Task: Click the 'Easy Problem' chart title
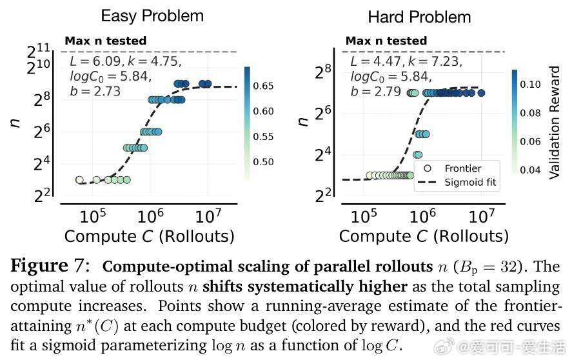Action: pyautogui.click(x=152, y=15)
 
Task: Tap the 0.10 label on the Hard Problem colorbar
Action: pyautogui.click(x=531, y=85)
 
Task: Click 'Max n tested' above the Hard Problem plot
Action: pyautogui.click(x=386, y=41)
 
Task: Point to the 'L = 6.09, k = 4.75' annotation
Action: pyautogui.click(x=126, y=62)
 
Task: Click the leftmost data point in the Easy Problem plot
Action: pyautogui.click(x=79, y=180)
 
